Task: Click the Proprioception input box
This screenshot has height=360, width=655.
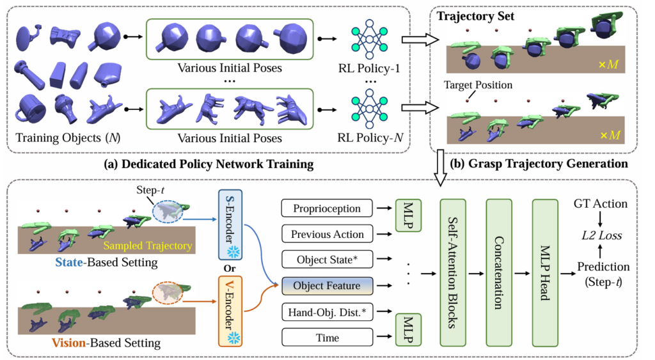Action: (327, 208)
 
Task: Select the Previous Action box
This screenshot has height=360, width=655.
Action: (327, 234)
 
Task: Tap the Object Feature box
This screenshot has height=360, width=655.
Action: (327, 285)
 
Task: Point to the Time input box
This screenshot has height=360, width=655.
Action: (327, 336)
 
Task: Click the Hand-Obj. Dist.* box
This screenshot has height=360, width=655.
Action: (327, 311)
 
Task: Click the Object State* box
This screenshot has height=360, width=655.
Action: (327, 260)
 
